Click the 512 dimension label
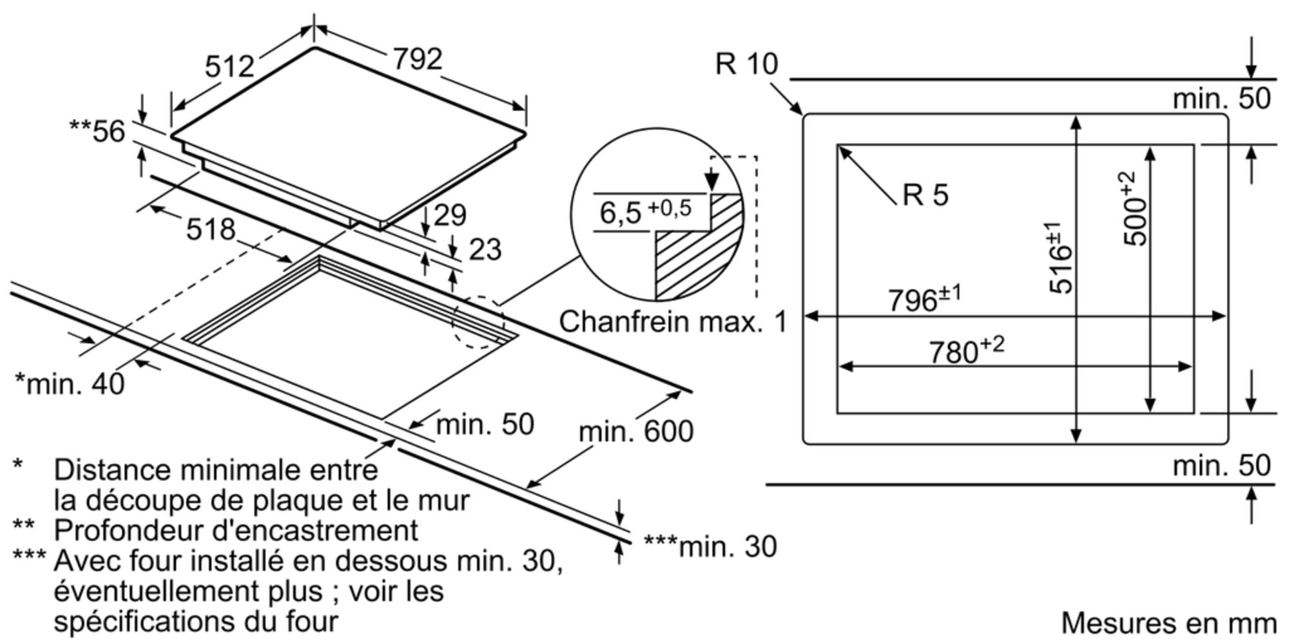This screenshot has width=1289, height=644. pyautogui.click(x=229, y=66)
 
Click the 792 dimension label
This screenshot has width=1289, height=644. pyautogui.click(x=418, y=59)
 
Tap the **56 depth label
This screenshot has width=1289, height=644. pyautogui.click(x=97, y=131)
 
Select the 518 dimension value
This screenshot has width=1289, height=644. pyautogui.click(x=211, y=229)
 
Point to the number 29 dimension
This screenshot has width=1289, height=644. pyautogui.click(x=450, y=214)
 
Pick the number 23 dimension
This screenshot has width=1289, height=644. pyautogui.click(x=485, y=249)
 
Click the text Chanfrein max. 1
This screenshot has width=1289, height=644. pyautogui.click(x=673, y=321)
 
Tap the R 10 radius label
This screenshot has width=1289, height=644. pyautogui.click(x=746, y=64)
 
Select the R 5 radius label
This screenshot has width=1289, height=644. pyautogui.click(x=926, y=194)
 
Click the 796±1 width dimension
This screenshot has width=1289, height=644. pyautogui.click(x=924, y=299)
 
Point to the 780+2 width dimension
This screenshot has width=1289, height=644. pyautogui.click(x=966, y=350)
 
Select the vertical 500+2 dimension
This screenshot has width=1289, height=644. pyautogui.click(x=1136, y=209)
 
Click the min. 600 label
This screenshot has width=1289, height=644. pyautogui.click(x=635, y=431)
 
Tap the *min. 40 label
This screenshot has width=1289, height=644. pyautogui.click(x=70, y=384)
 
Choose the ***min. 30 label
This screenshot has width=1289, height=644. pyautogui.click(x=710, y=546)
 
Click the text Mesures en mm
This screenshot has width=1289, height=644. pyautogui.click(x=1168, y=623)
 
